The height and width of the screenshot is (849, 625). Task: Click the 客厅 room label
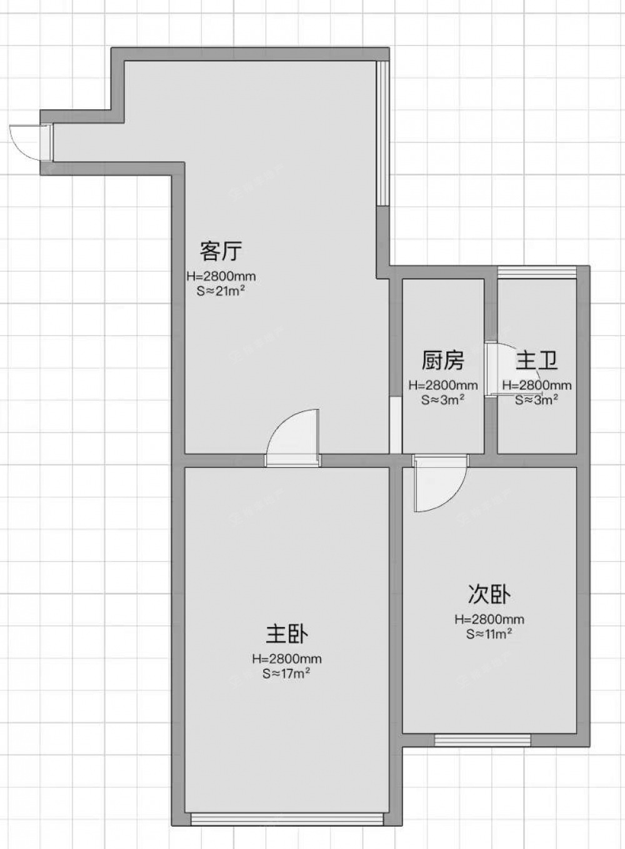coord(221,251)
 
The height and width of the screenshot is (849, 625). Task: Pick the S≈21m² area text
coord(221,292)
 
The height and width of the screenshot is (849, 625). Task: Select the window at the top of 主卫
coord(537,272)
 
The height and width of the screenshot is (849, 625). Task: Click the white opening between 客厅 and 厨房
coord(396,425)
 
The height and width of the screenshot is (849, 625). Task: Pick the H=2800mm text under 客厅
coord(221,277)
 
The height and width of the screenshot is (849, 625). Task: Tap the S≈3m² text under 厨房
coord(442,400)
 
